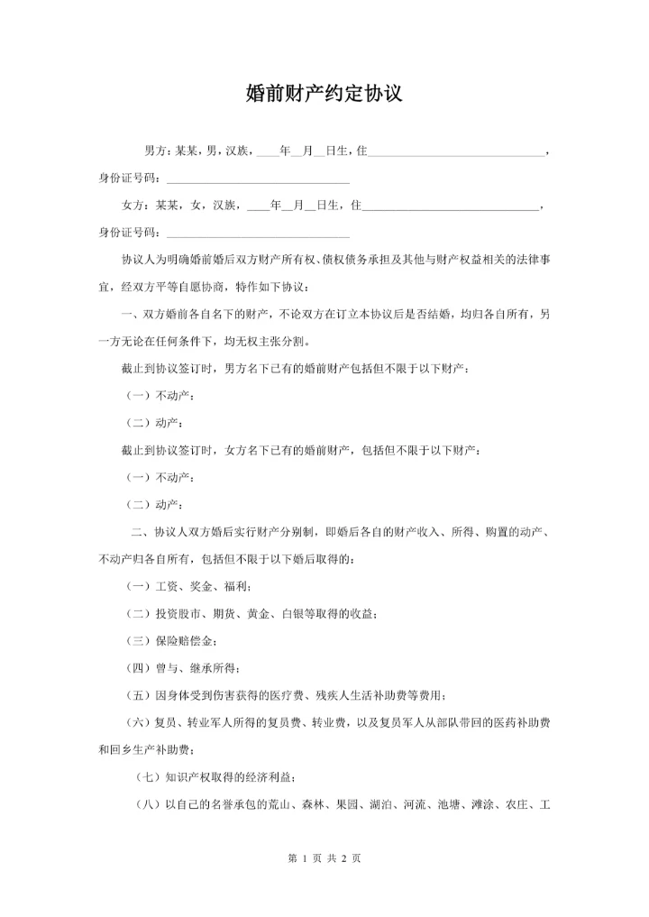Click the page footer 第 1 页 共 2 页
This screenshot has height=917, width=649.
click(324, 859)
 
